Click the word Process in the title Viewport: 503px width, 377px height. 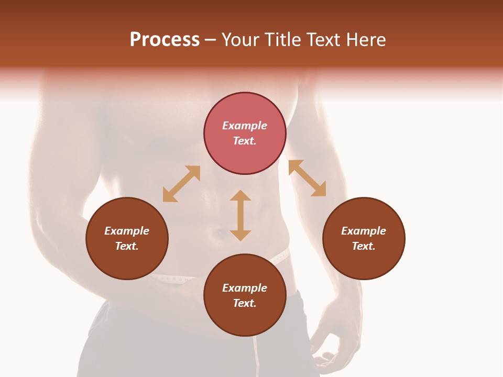(x=165, y=40)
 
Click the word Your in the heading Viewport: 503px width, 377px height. (x=242, y=40)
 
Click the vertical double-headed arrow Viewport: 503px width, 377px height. (x=240, y=215)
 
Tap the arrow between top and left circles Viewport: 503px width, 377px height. (x=181, y=184)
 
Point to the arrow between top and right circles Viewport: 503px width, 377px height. (x=307, y=178)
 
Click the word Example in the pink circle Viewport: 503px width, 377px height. (x=245, y=126)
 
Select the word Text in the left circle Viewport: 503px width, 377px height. (x=127, y=246)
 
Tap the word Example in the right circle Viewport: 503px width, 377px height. (x=364, y=231)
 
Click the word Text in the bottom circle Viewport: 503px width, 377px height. (x=245, y=303)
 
